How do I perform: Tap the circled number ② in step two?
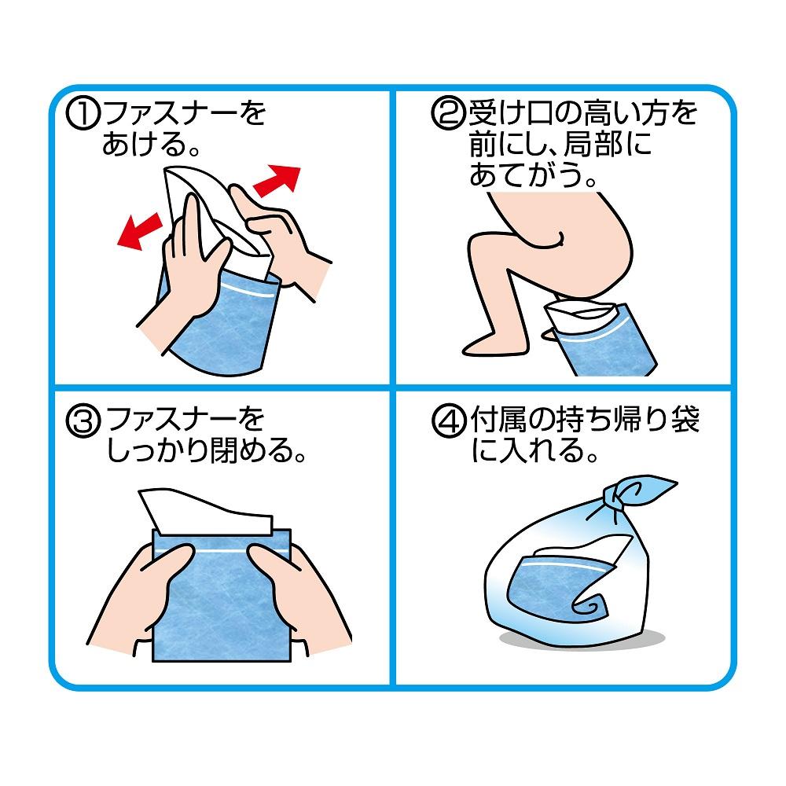[x=446, y=116]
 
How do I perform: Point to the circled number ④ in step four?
[x=446, y=422]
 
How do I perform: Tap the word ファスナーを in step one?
[x=185, y=116]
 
